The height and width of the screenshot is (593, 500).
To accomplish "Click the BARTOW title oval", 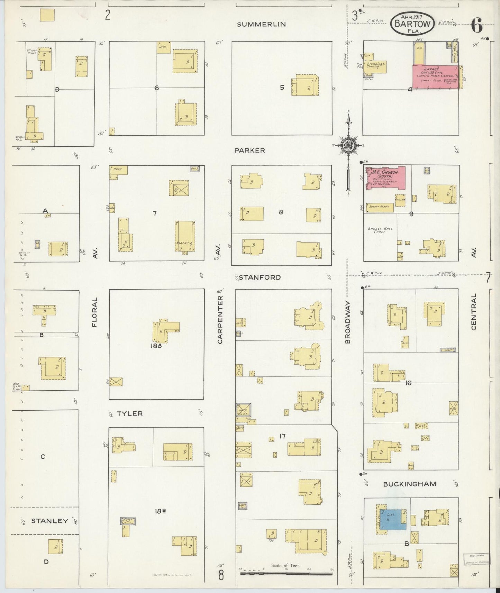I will [412, 23].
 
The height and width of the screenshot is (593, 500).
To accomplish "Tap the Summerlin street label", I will [261, 24].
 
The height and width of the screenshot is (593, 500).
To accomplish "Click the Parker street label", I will [249, 150].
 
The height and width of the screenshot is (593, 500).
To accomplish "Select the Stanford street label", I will [260, 277].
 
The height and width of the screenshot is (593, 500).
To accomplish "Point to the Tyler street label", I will [129, 413].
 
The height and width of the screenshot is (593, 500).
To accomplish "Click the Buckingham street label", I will [409, 484].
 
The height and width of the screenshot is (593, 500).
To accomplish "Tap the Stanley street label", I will [49, 521].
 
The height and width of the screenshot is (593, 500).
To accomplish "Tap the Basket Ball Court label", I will [378, 230].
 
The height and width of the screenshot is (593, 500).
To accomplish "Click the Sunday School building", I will [379, 207].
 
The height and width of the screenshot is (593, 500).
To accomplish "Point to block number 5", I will [282, 88].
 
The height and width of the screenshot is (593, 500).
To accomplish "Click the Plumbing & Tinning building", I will [375, 65].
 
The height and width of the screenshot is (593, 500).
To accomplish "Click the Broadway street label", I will [348, 322].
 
